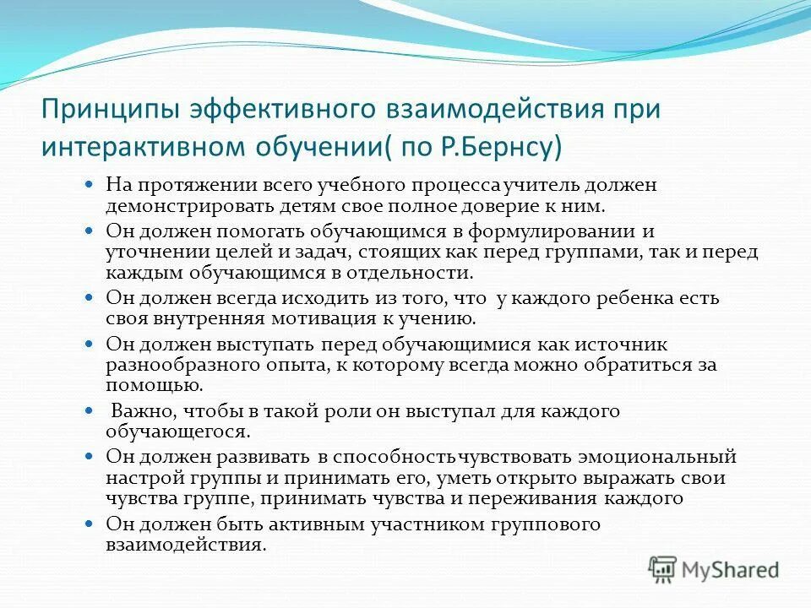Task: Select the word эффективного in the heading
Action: tap(269, 110)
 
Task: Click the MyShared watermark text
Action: tap(731, 570)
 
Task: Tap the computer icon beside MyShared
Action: tap(664, 570)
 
